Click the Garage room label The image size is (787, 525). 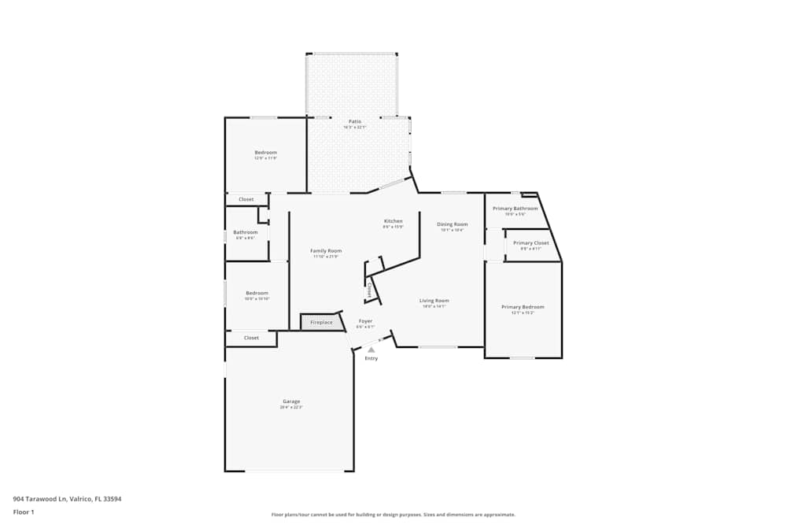(291, 401)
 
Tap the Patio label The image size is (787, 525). (355, 121)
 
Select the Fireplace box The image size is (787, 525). (321, 322)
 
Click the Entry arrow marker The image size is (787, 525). (371, 349)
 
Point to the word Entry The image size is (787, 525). (371, 358)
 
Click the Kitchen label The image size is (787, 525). (393, 221)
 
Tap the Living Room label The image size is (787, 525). (434, 301)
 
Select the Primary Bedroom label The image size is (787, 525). (523, 307)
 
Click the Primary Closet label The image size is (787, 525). (530, 243)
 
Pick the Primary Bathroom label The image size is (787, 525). (515, 209)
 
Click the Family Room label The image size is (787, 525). (326, 250)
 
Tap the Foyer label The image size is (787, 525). (365, 321)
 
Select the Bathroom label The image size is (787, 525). (245, 232)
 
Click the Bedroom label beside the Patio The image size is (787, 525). (265, 152)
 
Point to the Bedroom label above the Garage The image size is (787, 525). (256, 293)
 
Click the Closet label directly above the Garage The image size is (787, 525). (251, 338)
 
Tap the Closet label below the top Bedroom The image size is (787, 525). (246, 199)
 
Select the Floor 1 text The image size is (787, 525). (24, 512)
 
